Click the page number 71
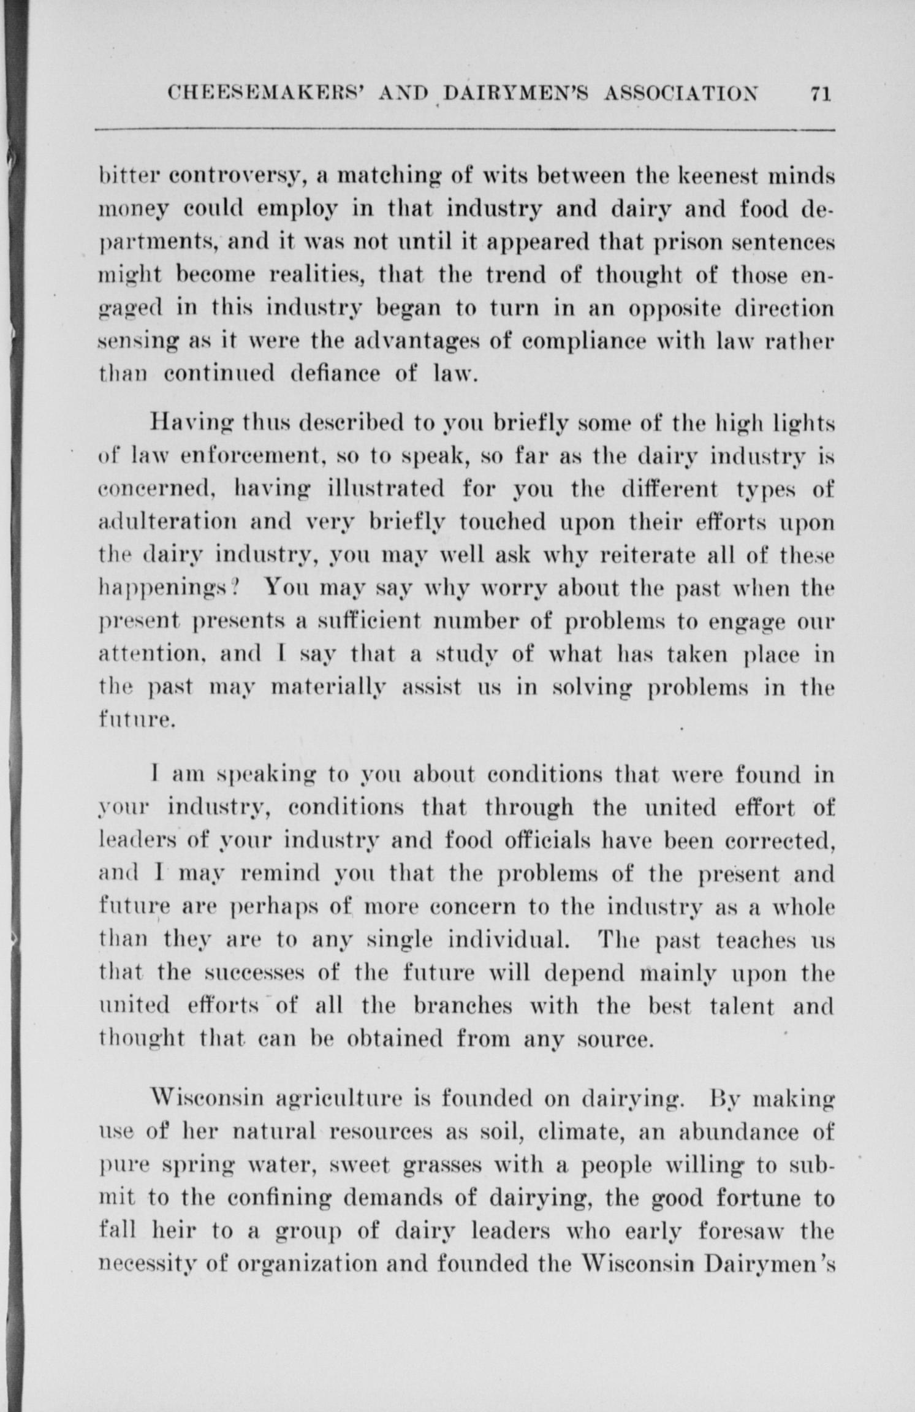pos(819,94)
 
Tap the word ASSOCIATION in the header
pos(682,94)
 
